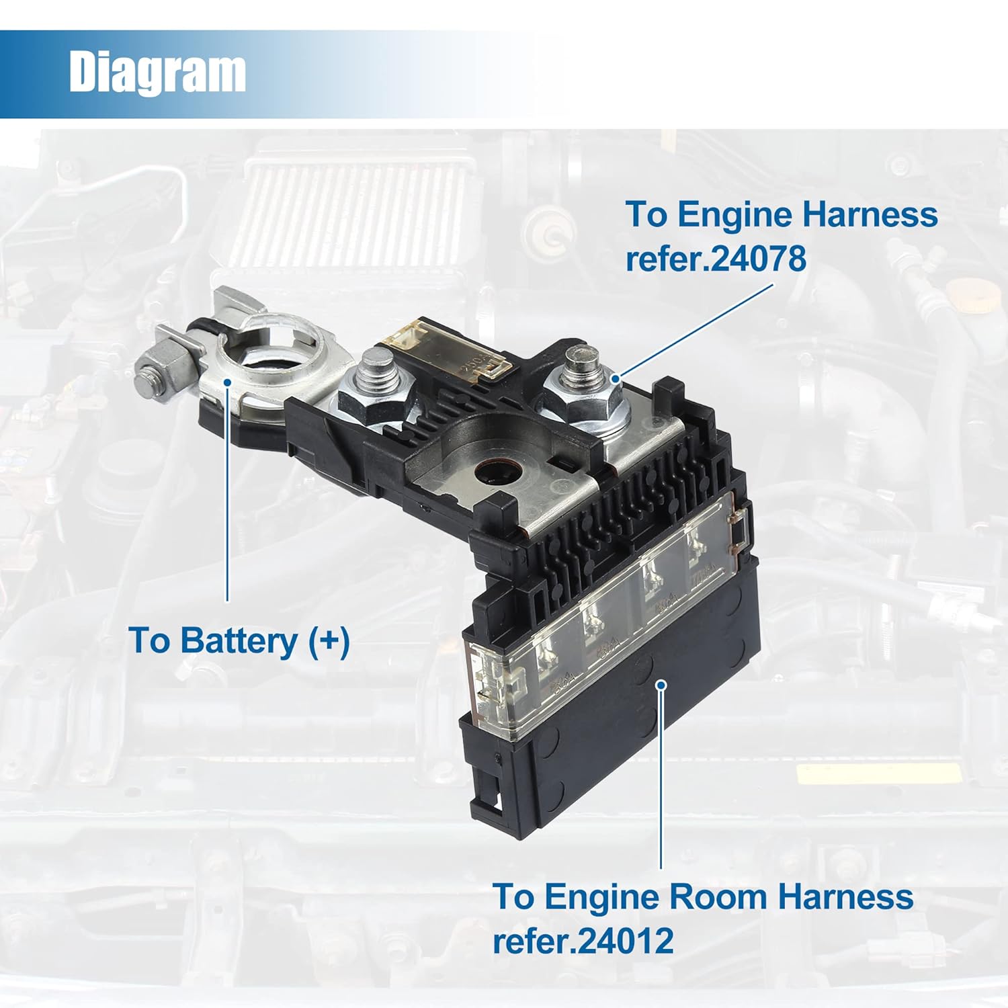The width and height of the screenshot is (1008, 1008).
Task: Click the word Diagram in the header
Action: tap(157, 72)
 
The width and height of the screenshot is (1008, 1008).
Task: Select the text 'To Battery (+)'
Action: tap(239, 640)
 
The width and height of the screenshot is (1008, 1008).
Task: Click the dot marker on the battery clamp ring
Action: tap(228, 382)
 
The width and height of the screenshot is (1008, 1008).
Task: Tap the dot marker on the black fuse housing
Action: tap(661, 685)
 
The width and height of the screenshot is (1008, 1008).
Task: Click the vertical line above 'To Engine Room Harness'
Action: tap(661, 780)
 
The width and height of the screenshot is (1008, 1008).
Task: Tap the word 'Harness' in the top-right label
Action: tap(870, 215)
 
